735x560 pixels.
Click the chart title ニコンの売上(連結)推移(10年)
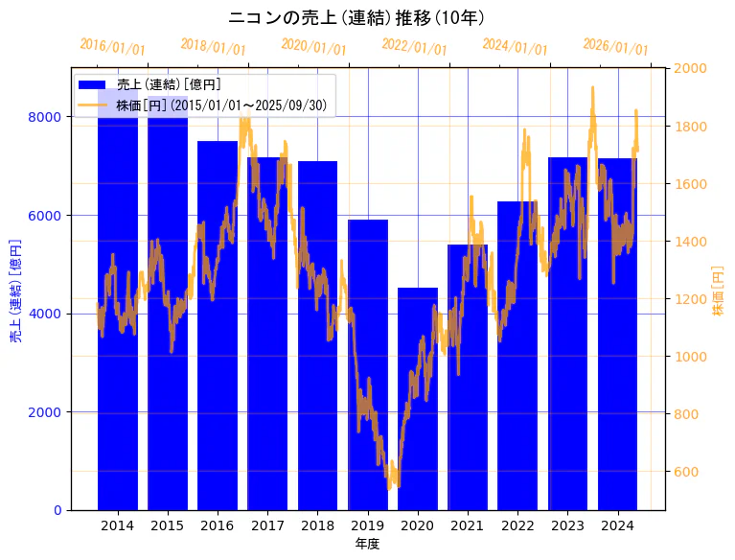356,18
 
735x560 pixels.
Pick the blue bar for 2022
517,355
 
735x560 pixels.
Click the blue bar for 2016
218,326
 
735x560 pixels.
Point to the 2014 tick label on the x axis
118,525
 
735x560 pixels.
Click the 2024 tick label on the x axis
617,525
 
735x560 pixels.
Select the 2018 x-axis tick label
317,525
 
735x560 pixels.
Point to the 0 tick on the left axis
57,510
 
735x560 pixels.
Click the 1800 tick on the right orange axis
691,127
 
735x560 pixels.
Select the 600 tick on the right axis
688,472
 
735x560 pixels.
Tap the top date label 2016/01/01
112,47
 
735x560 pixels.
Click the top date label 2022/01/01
414,47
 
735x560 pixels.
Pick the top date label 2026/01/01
615,47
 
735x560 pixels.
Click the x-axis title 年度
367,544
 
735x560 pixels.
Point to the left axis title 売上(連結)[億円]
15,290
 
